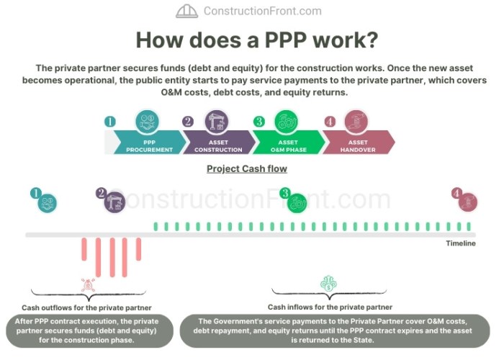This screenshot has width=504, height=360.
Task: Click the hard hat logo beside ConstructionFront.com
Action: pyautogui.click(x=186, y=11)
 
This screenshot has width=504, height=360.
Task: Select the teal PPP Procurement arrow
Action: pyautogui.click(x=150, y=143)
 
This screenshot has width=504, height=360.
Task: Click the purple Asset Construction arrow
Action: pyautogui.click(x=219, y=143)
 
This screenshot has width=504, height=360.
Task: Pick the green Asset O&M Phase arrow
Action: pyautogui.click(x=289, y=143)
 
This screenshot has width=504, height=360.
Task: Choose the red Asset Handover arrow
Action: pyautogui.click(x=359, y=143)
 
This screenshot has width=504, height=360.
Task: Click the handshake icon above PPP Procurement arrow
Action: pyautogui.click(x=147, y=122)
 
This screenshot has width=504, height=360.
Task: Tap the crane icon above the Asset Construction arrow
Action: pyautogui.click(x=217, y=122)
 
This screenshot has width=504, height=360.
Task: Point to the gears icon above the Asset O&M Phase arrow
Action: pyautogui.click(x=286, y=122)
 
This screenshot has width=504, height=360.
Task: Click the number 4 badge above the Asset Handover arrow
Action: pyautogui.click(x=330, y=122)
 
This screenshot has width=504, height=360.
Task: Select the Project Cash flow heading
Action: pyautogui.click(x=247, y=168)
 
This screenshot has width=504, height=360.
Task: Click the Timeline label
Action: pyautogui.click(x=461, y=243)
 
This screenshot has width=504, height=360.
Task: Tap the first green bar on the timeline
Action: pyautogui.click(x=156, y=227)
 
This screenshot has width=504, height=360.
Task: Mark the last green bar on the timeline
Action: pyautogui.click(x=469, y=227)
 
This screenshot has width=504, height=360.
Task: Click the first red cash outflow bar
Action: pyautogui.click(x=84, y=249)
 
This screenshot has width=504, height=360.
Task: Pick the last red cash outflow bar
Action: pyautogui.click(x=138, y=249)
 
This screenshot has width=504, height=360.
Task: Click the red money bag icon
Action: pyautogui.click(x=88, y=285)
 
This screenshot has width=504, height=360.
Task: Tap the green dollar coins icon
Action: pyautogui.click(x=328, y=283)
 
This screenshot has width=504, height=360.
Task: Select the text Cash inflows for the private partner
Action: pyautogui.click(x=330, y=307)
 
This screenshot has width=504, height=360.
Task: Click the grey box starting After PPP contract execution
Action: pyautogui.click(x=90, y=330)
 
